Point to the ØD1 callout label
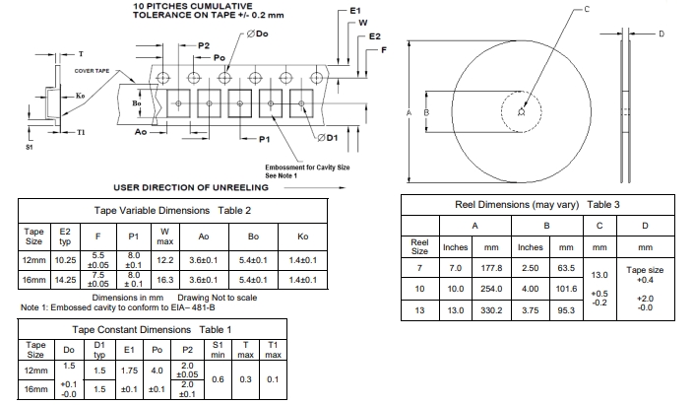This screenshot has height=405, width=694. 329,136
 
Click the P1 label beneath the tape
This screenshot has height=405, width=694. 265,140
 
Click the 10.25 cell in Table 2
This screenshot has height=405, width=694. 65,260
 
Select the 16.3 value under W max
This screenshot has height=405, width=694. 164,280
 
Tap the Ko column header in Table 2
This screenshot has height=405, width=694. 302,236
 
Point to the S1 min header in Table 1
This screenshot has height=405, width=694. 217,349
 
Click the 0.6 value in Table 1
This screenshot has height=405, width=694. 217,379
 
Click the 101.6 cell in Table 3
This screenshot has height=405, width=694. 566,289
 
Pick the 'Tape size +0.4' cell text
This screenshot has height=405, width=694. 645,273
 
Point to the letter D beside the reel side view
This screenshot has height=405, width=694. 662,34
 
